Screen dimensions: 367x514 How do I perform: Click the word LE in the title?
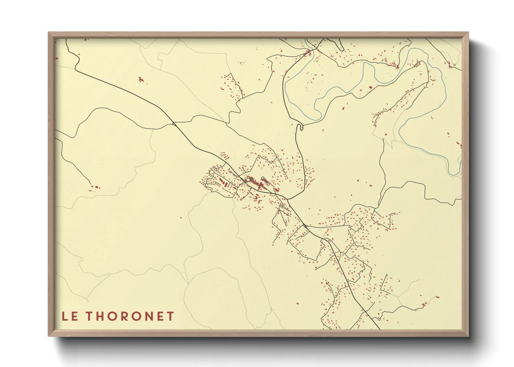70,316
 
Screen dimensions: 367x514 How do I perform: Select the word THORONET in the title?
130,316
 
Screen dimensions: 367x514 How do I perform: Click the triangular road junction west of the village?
173,122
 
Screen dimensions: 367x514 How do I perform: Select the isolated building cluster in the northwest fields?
141,79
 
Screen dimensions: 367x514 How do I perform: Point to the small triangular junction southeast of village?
305,226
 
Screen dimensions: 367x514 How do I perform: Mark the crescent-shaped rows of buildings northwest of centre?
225,156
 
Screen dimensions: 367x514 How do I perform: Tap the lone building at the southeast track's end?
437,297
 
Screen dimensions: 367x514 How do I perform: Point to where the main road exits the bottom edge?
379,329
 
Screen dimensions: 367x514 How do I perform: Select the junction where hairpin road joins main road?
288,199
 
